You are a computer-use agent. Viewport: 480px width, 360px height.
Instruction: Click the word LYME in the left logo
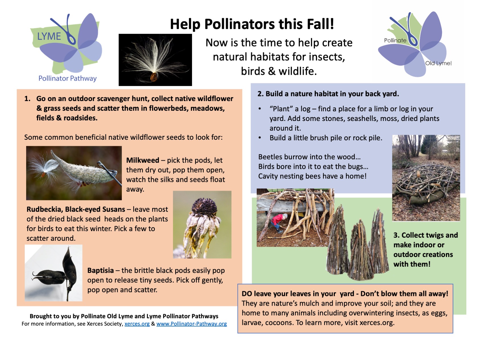(49, 36)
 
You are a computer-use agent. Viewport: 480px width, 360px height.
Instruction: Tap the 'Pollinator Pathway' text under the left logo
(67, 78)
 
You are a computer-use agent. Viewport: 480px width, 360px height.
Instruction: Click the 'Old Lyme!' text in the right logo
(438, 63)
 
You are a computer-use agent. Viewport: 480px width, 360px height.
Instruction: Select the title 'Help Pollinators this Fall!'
(252, 24)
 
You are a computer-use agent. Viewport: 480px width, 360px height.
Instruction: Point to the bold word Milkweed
(143, 160)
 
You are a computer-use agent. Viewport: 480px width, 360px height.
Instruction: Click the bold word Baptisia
(100, 270)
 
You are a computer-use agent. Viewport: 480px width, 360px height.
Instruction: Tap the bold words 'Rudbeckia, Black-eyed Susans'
(76, 209)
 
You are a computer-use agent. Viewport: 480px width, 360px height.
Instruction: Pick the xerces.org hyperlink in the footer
(137, 324)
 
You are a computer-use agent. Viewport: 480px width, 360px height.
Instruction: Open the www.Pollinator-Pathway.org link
(192, 324)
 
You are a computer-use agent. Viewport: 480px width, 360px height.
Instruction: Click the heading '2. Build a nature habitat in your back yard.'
(328, 94)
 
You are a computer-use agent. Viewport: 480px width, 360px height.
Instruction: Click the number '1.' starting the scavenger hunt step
(28, 99)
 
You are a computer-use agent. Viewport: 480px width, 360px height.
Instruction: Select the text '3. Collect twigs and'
(426, 235)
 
